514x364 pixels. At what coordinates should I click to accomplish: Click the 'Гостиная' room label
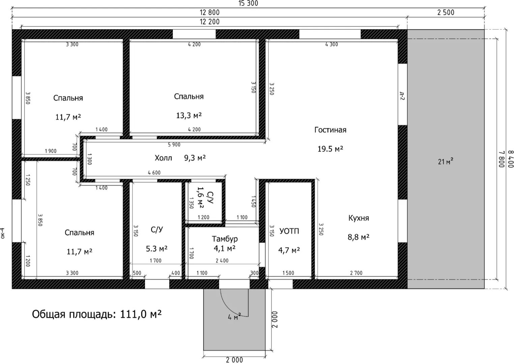point(330,130)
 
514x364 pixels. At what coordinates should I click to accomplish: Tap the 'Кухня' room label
point(359,218)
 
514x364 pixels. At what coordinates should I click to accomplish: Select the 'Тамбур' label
point(225,239)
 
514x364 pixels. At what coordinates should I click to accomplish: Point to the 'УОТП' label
point(289,231)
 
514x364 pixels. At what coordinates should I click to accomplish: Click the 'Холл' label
point(163,158)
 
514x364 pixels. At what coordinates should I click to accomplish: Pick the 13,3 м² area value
point(189,115)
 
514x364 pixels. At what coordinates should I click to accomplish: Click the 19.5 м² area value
point(330,149)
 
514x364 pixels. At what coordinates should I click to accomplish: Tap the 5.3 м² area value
point(157,248)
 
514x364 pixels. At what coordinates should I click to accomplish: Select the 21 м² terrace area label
point(446,161)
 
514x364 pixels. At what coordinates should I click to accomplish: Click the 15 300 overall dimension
point(248,3)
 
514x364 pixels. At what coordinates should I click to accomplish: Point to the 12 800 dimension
point(209,12)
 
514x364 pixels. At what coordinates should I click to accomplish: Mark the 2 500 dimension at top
point(446,12)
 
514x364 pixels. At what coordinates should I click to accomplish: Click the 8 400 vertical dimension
point(511,159)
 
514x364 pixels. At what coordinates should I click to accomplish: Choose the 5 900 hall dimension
point(174,145)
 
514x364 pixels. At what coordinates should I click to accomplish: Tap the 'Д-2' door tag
point(402,96)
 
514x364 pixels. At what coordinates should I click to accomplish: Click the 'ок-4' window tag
point(2,233)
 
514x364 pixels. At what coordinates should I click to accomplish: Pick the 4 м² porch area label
point(234,316)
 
